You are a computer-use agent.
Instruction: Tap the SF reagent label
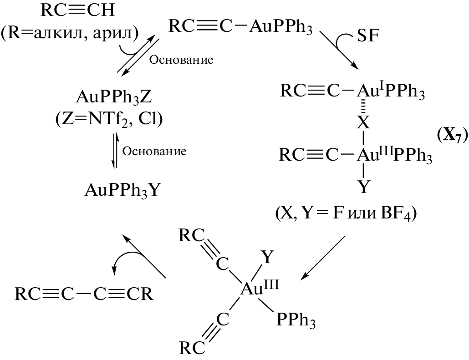(368, 36)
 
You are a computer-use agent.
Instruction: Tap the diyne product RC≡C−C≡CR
(84, 294)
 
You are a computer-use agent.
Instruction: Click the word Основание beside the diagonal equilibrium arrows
(182, 60)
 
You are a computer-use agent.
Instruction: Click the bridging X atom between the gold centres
(363, 122)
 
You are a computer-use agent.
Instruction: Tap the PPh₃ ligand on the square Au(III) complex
(296, 320)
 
